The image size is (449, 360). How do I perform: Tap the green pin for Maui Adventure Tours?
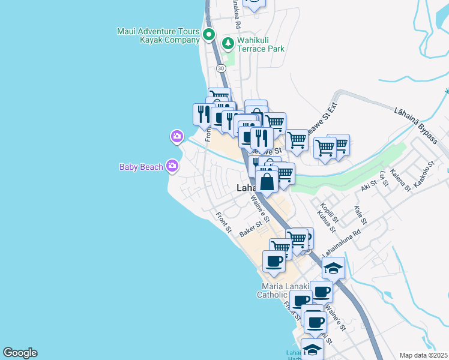209,35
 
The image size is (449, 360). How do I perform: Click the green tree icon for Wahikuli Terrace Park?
228,43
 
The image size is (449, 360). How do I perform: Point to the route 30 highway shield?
221,68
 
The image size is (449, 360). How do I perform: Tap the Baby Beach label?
141,167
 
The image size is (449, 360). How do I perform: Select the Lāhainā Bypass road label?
416,126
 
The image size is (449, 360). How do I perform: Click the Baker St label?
253,229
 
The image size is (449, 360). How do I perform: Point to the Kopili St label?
330,211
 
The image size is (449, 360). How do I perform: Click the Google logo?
20,353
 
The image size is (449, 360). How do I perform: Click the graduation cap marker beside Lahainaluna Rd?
333,268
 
